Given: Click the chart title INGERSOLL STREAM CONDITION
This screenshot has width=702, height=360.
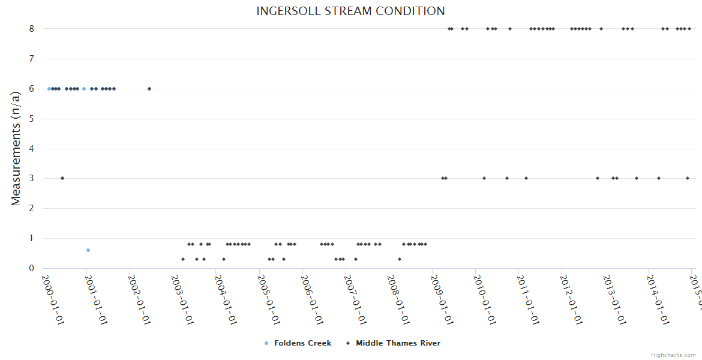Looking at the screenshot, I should [x=350, y=11].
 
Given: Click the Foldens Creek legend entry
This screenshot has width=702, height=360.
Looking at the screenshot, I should [x=302, y=343].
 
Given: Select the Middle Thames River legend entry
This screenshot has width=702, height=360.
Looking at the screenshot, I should [x=398, y=343].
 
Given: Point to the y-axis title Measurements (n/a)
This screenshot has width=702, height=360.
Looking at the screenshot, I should [x=16, y=148].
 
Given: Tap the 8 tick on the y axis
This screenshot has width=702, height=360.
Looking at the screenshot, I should [x=31, y=29].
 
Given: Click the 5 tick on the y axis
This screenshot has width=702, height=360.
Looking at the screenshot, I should [x=31, y=119].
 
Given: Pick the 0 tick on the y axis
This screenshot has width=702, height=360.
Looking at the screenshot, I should [x=31, y=268].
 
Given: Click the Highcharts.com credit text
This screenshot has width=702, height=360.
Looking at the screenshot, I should [x=673, y=355].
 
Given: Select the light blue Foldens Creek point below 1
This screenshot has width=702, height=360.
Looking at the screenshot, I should [x=88, y=250].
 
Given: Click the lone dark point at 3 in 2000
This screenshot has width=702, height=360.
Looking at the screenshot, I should [x=62, y=178].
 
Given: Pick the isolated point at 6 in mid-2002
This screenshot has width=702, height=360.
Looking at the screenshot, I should [x=149, y=89].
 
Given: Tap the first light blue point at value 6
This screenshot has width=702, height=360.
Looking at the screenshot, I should [x=49, y=89].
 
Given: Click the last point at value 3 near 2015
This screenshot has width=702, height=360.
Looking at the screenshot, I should [x=688, y=178].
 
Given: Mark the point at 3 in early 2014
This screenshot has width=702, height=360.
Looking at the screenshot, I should [x=659, y=178].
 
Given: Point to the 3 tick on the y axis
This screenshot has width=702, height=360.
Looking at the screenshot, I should [x=31, y=178].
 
